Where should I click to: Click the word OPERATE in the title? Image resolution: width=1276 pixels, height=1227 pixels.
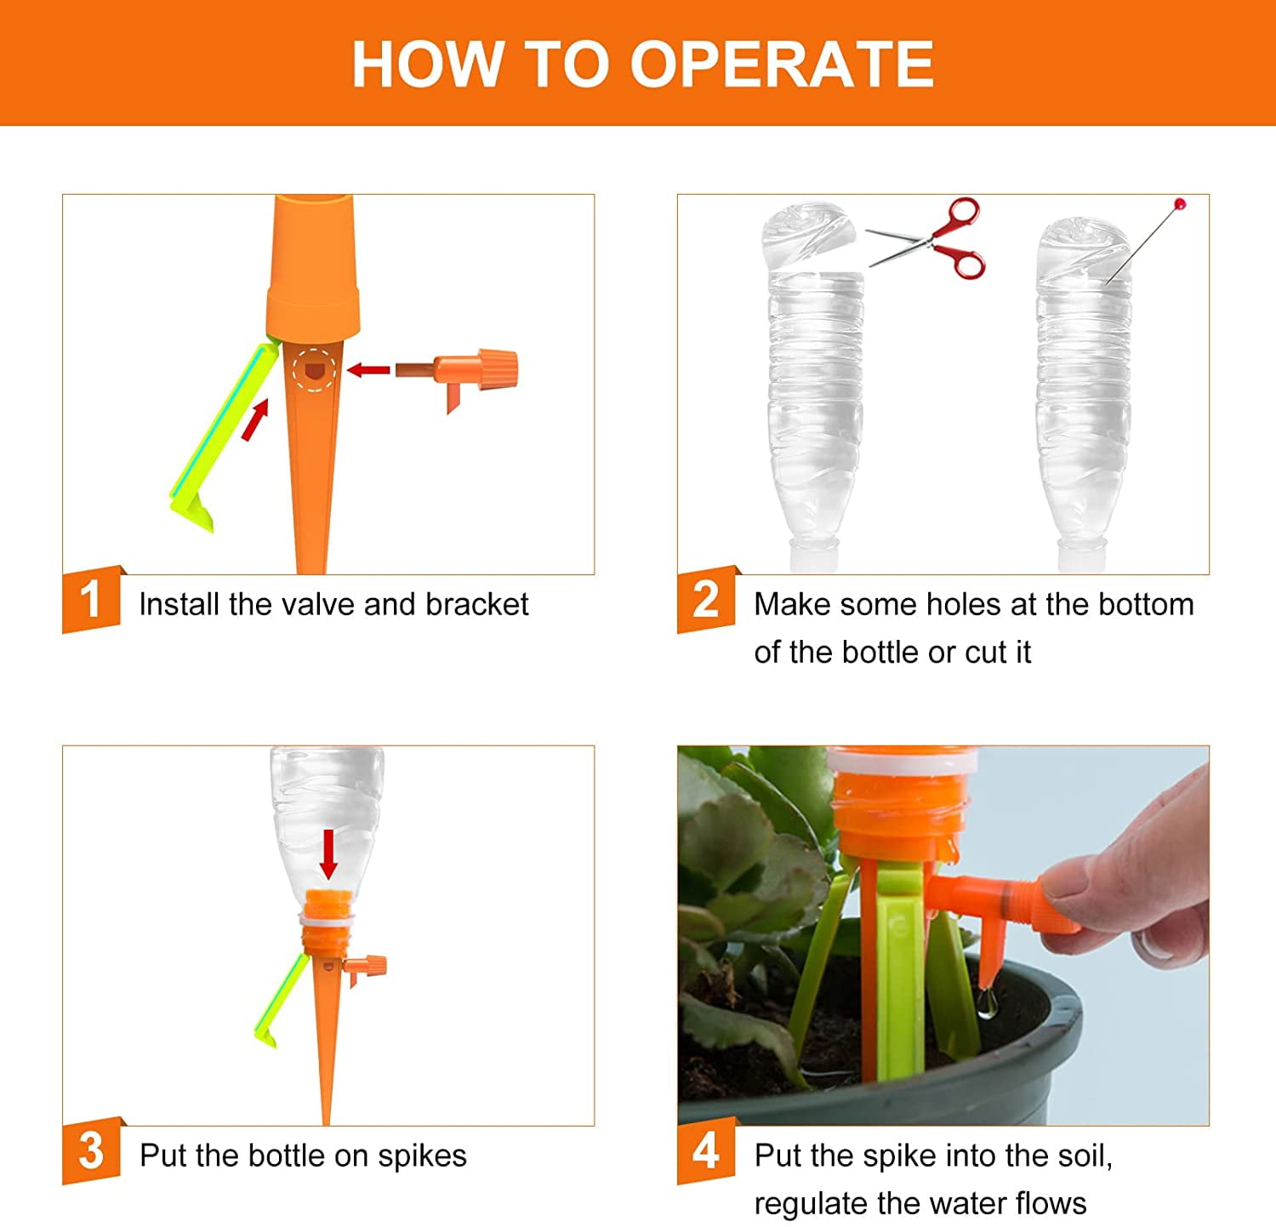coord(782,64)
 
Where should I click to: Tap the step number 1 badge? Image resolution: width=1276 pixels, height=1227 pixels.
coord(92,599)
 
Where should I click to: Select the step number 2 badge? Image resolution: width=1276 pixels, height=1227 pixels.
coord(707,599)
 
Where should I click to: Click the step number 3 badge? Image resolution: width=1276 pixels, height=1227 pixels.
coord(92,1150)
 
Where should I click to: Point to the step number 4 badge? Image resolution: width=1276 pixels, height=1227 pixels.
coord(707,1150)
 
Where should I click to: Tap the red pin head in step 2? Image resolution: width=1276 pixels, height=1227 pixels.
coord(1179,204)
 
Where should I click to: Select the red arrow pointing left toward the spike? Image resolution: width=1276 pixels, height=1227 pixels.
coord(369,369)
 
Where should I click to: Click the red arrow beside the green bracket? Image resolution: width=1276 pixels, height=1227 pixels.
coord(254,420)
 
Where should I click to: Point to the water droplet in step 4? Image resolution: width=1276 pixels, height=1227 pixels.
coord(986,1005)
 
